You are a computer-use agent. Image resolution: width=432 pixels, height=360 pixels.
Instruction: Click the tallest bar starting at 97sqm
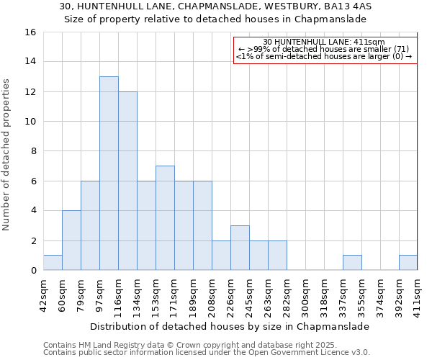pyautogui.click(x=109, y=173)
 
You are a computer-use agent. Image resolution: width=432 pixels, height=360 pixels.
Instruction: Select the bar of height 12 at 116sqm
pyautogui.click(x=127, y=181)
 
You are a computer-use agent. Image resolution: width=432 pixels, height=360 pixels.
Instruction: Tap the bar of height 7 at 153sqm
pyautogui.click(x=165, y=218)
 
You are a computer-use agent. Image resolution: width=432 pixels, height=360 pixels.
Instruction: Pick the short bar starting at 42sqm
pyautogui.click(x=53, y=263)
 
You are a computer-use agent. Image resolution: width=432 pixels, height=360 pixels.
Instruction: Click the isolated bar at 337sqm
pyautogui.click(x=352, y=263)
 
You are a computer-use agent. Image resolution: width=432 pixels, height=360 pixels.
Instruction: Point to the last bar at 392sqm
pyautogui.click(x=408, y=263)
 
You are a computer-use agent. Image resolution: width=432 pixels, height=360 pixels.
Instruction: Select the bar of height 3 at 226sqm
pyautogui.click(x=240, y=248)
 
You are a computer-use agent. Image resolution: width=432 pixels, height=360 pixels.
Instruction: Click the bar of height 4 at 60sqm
pyautogui.click(x=71, y=240)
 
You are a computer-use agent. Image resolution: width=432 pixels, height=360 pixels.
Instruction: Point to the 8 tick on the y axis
pyautogui.click(x=33, y=151)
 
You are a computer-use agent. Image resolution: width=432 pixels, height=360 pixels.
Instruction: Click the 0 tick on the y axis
pyautogui.click(x=33, y=271)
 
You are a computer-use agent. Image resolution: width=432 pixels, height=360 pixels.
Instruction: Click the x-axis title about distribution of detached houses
pyautogui.click(x=230, y=326)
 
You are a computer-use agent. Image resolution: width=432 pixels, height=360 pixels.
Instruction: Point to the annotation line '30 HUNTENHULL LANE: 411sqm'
pyautogui.click(x=324, y=42)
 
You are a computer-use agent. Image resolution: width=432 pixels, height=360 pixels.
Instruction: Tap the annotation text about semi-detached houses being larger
pyautogui.click(x=324, y=56)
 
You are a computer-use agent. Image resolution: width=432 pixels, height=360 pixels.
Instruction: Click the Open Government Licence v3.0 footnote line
pyautogui.click(x=207, y=352)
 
